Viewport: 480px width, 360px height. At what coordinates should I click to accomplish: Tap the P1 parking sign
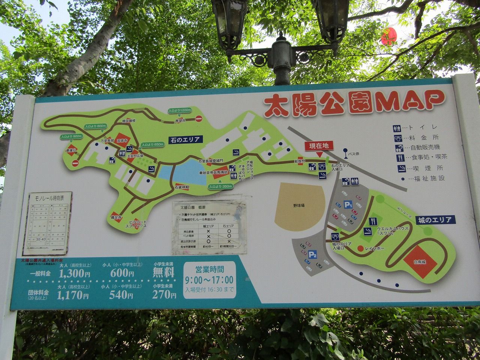click(349, 205)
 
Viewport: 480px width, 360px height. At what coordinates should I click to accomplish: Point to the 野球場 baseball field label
click(299, 206)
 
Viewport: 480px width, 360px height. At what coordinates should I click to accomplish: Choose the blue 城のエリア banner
click(435, 220)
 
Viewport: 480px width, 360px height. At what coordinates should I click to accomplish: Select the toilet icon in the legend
click(397, 127)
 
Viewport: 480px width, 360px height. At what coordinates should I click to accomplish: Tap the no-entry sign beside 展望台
click(199, 119)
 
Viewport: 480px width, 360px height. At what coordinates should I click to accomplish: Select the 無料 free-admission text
click(163, 272)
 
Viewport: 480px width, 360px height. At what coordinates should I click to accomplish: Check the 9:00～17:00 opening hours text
click(209, 280)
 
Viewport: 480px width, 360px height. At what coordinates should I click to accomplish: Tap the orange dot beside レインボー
click(360, 248)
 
